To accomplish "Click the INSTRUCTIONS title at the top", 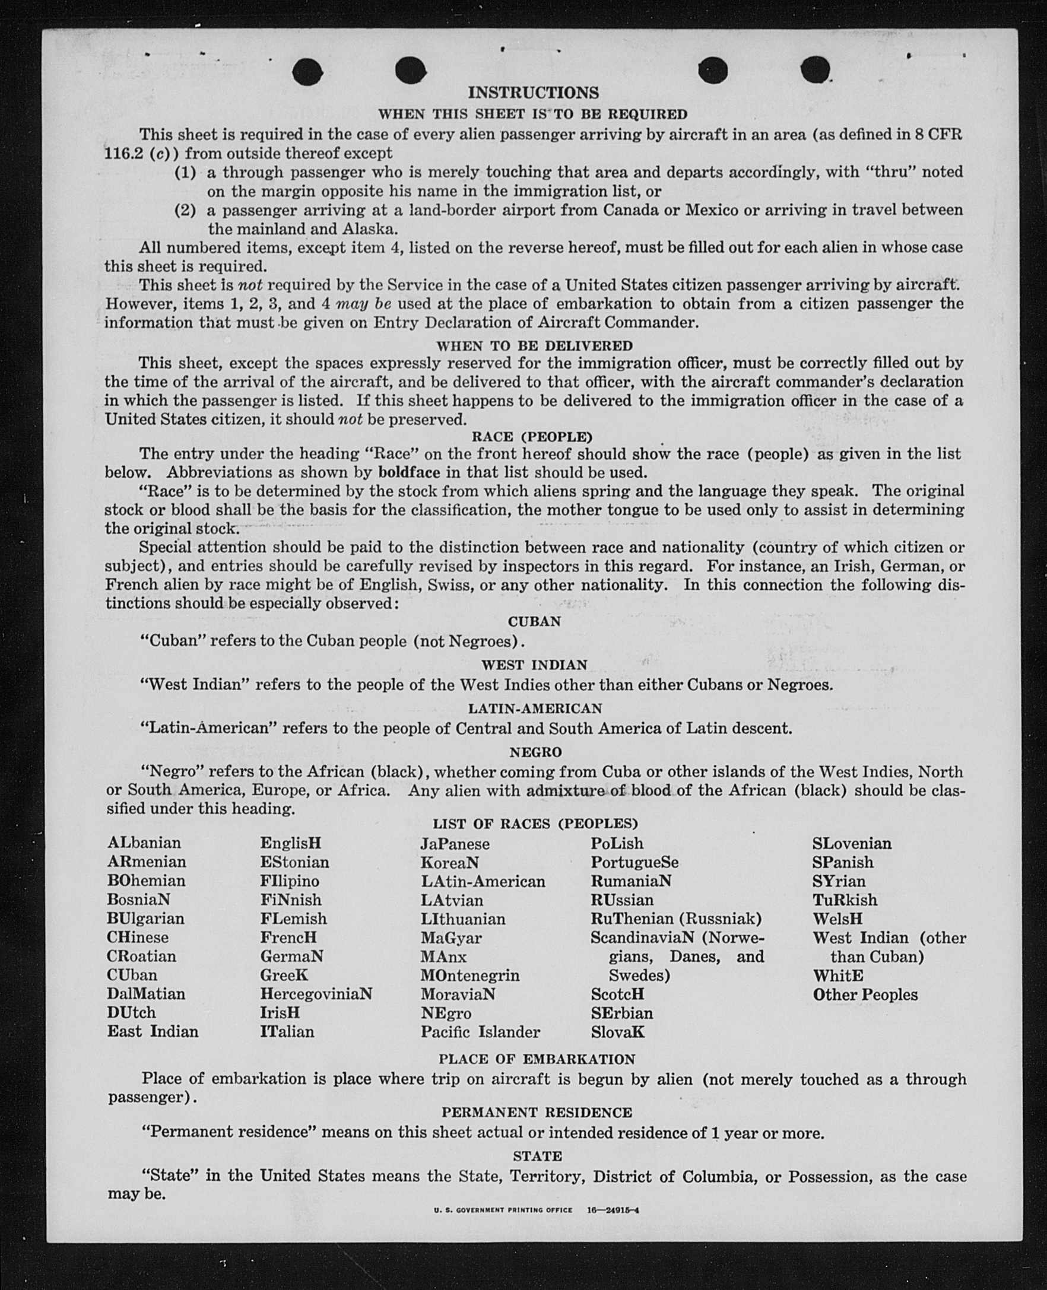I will tap(533, 93).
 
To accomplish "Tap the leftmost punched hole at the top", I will tap(307, 72).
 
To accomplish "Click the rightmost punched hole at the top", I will tap(815, 69).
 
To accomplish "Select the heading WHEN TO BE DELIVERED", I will tap(534, 346).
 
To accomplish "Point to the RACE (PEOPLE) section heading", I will tap(532, 437).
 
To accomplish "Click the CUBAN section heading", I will tap(534, 621).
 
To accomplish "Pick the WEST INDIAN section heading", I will tap(534, 665).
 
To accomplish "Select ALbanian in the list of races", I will tap(144, 843).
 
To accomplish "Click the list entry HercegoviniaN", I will tap(316, 993).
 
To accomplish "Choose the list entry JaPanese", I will tap(455, 843).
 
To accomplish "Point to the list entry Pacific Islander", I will tap(480, 1031).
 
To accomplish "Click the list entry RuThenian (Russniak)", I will tap(676, 919).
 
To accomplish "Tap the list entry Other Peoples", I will tap(865, 994).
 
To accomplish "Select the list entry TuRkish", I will tap(845, 900).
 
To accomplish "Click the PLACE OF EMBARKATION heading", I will tap(537, 1059).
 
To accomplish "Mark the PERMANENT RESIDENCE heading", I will tap(537, 1112).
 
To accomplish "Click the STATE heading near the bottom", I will tap(537, 1156).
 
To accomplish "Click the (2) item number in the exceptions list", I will tap(185, 211).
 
